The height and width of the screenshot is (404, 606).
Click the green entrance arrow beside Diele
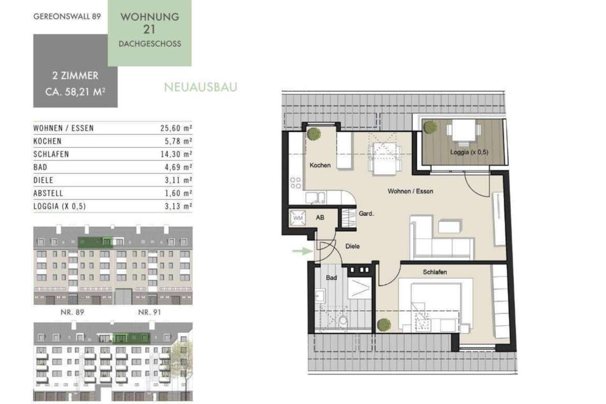302,251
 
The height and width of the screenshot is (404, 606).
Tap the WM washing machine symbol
298,218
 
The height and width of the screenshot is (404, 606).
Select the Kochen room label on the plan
320,165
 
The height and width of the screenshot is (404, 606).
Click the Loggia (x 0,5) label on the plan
469,152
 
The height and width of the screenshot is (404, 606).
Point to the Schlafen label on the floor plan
435,272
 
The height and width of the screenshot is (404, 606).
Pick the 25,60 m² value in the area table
176,128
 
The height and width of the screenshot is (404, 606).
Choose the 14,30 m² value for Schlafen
176,154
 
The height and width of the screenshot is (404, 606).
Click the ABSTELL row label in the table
48,193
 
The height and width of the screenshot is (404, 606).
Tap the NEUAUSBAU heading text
200,87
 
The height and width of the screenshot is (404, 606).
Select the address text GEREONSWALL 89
67,17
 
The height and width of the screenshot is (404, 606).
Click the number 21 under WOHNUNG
149,29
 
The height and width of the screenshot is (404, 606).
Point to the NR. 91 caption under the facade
149,312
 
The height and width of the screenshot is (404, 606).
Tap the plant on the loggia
430,127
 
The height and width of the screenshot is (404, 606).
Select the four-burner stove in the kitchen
295,183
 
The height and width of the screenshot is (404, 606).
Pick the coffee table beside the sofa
449,227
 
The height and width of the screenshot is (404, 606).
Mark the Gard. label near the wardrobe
366,214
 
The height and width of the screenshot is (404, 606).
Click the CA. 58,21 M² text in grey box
75,92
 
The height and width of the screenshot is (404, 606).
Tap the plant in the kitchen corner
314,134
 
